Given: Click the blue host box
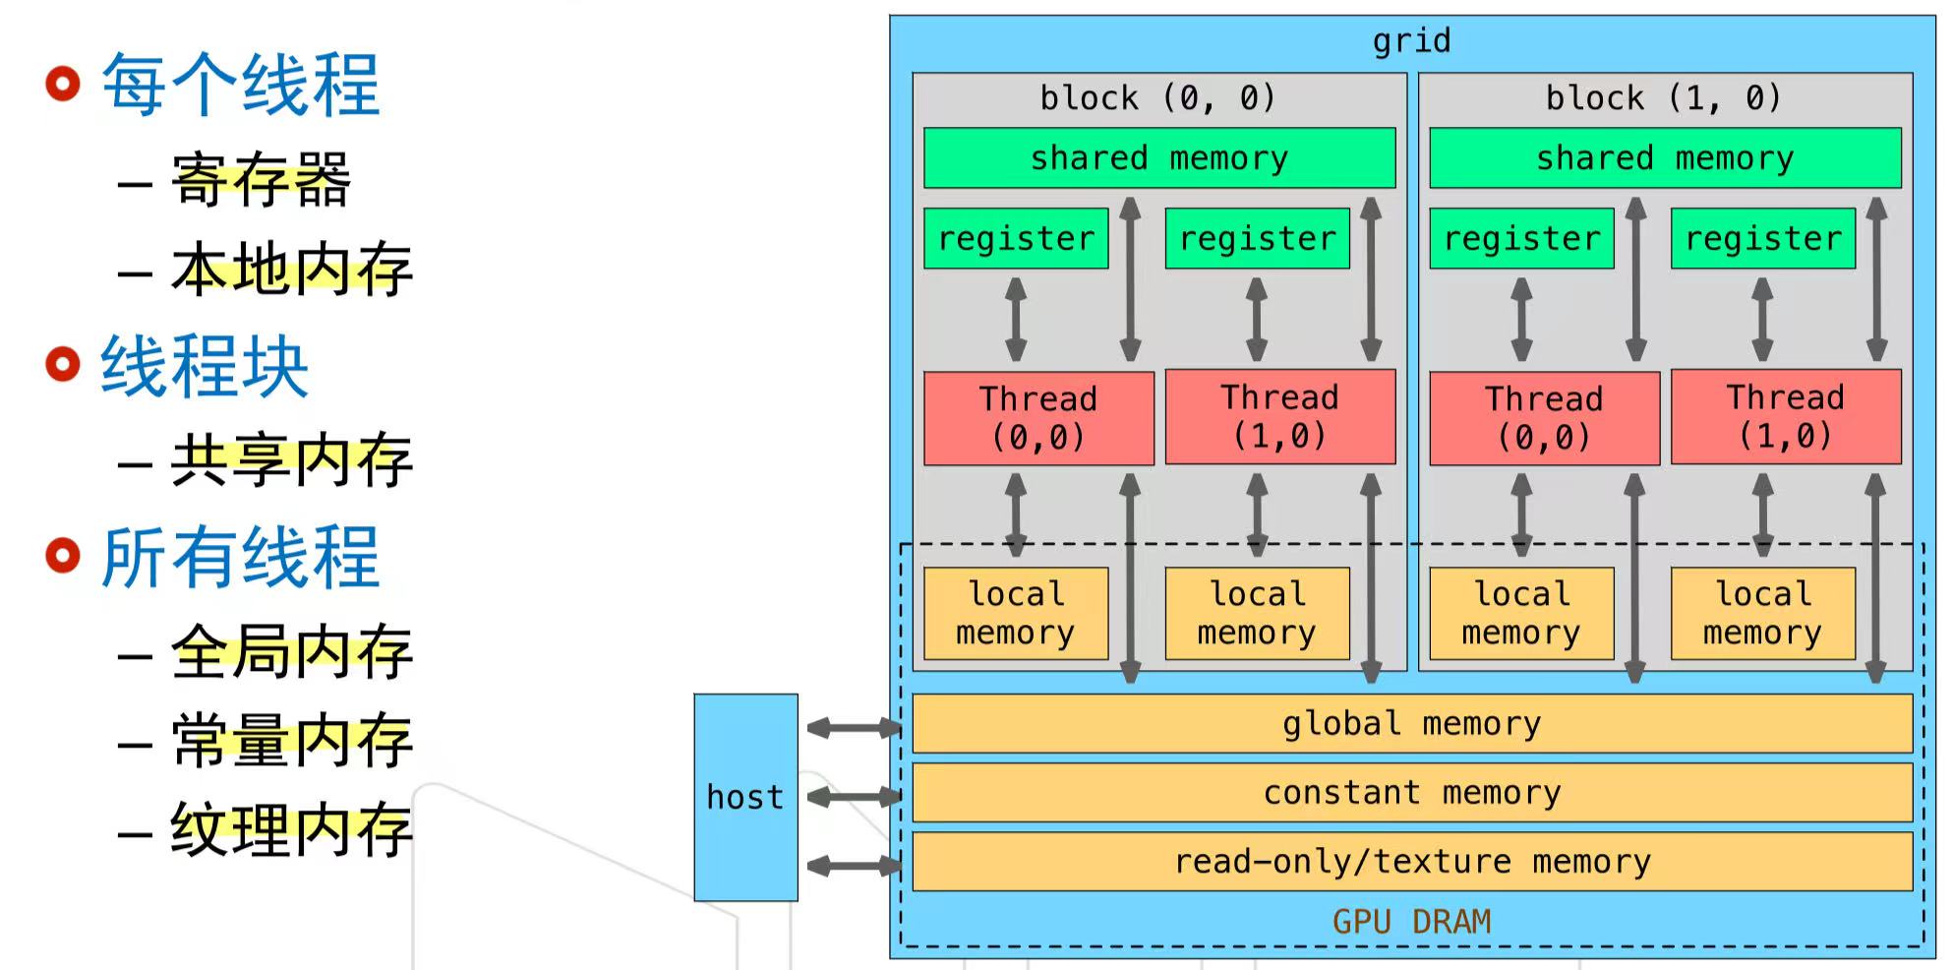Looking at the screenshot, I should pyautogui.click(x=745, y=797).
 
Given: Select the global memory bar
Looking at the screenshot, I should pyautogui.click(x=1411, y=724).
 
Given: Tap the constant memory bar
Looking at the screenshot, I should pyautogui.click(x=1411, y=793).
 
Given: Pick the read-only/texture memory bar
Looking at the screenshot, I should pyautogui.click(x=1411, y=862).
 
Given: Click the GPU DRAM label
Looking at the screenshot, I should pyautogui.click(x=1411, y=922).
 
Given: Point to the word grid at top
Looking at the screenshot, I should pyautogui.click(x=1411, y=41).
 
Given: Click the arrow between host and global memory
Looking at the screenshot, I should pyautogui.click(x=854, y=728).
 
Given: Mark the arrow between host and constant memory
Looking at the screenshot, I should pyautogui.click(x=854, y=797).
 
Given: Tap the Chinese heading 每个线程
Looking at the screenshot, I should pyautogui.click(x=241, y=86).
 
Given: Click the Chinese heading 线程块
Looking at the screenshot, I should pyautogui.click(x=205, y=366).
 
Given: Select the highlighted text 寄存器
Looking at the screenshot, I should pyautogui.click(x=261, y=180).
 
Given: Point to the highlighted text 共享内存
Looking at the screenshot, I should pyautogui.click(x=291, y=460).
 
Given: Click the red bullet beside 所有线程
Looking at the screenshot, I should pyautogui.click(x=63, y=556).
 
